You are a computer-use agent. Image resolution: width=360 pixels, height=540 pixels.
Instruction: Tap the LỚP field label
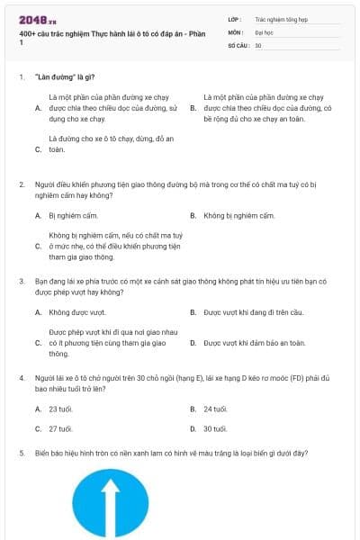(235, 18)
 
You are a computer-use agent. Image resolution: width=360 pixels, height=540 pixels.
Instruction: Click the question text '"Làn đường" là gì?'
(66, 77)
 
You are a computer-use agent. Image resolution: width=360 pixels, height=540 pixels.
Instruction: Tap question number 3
(22, 281)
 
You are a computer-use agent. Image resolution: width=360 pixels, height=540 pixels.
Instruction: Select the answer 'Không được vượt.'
(71, 312)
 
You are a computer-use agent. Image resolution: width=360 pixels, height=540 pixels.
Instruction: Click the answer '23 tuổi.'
(60, 409)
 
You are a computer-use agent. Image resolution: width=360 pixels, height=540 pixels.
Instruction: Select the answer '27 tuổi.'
(60, 428)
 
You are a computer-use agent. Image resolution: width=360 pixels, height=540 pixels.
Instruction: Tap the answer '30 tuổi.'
(214, 428)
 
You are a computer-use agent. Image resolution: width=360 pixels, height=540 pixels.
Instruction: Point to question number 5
(22, 454)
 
